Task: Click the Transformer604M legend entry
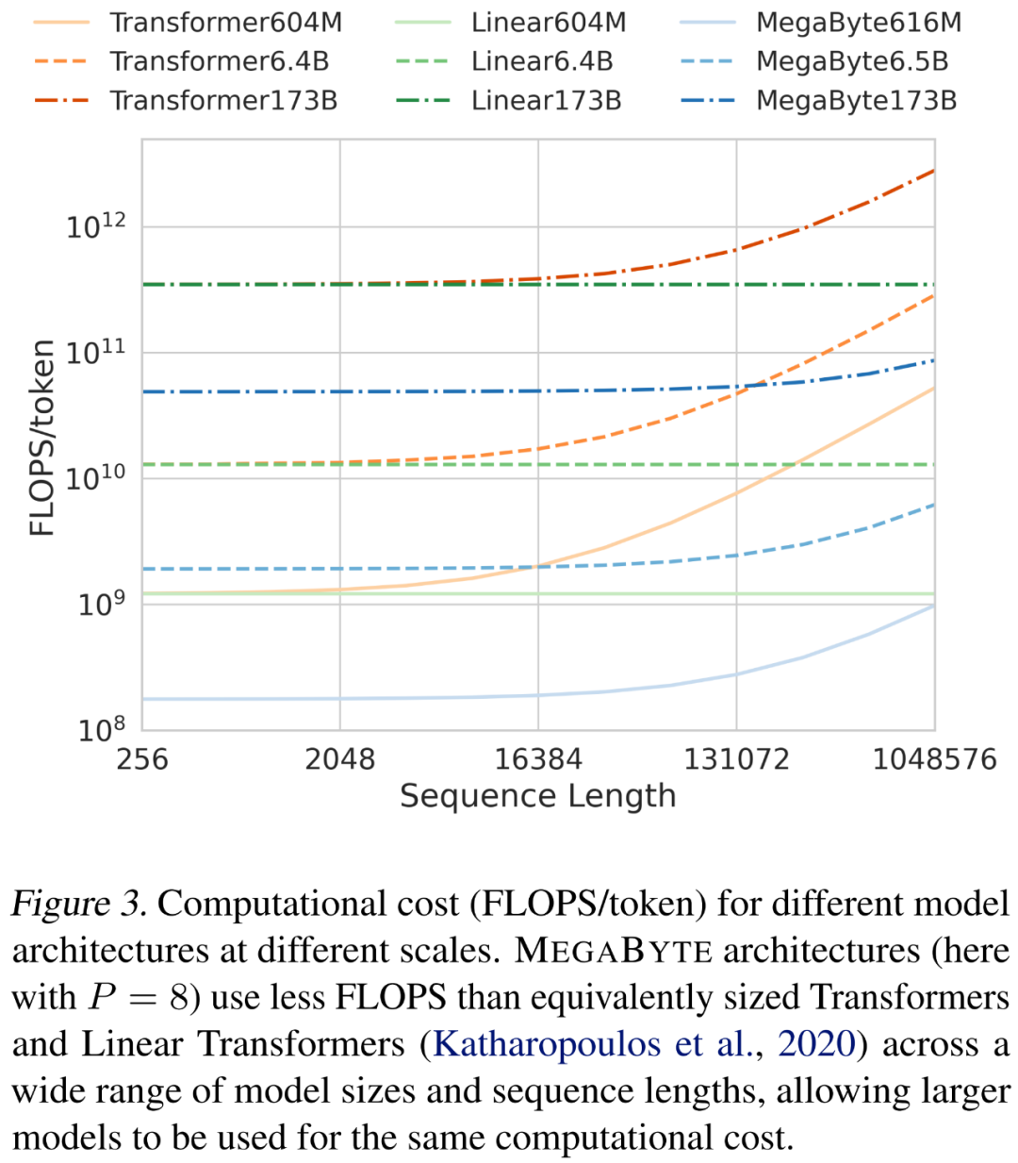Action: (x=225, y=22)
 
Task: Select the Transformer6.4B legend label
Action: (x=219, y=61)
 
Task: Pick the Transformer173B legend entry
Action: (x=223, y=100)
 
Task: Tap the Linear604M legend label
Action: (x=549, y=22)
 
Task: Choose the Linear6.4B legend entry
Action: (x=542, y=61)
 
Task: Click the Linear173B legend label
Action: (x=547, y=100)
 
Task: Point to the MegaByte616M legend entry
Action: (x=859, y=22)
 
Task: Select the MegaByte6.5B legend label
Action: (x=852, y=61)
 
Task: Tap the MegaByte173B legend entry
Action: (x=856, y=100)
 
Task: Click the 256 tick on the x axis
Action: (x=142, y=759)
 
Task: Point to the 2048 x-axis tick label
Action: (x=339, y=759)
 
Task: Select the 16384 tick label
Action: (x=538, y=759)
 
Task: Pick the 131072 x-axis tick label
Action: (x=736, y=759)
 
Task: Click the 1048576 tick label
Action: (x=934, y=759)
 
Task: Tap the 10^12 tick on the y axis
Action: (x=95, y=225)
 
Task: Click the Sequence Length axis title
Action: (x=538, y=796)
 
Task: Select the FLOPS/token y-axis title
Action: (x=42, y=438)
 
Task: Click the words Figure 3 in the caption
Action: (x=78, y=904)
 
